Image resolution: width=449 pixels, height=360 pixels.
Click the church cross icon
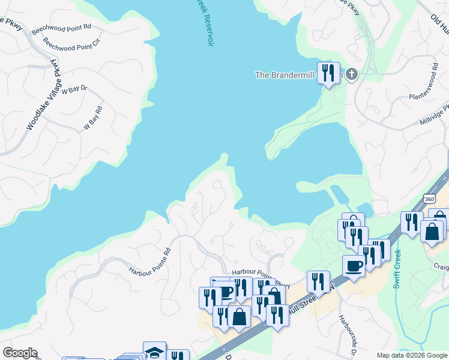352,74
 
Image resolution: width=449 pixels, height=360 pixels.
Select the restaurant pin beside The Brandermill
328,73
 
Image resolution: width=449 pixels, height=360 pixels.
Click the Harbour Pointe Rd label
150,262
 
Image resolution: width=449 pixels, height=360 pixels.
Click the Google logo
20,353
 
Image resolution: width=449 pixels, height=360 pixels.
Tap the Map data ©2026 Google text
411,355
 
